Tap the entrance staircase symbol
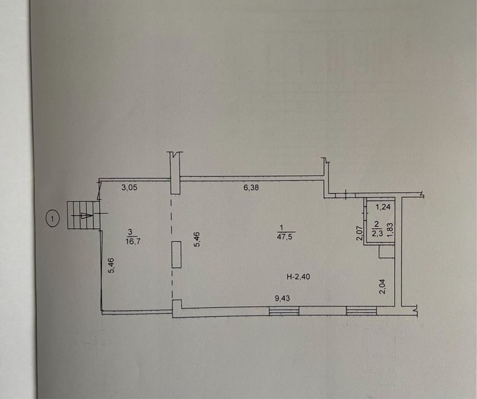click(84, 215)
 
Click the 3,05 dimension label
click(129, 187)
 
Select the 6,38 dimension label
click(251, 188)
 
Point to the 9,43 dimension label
click(283, 299)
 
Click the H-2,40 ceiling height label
click(299, 277)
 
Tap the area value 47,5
click(285, 237)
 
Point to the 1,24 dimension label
click(383, 207)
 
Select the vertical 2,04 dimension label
click(383, 287)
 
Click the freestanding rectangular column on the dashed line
click(176, 255)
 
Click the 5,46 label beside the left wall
click(112, 265)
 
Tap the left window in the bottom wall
click(284, 311)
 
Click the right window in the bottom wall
click(361, 311)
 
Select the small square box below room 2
click(387, 252)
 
